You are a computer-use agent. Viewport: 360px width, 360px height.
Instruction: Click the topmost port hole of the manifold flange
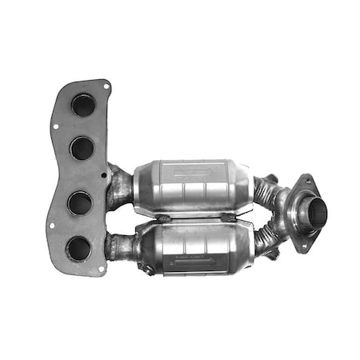click(82, 105)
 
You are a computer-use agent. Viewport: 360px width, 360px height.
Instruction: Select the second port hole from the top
click(82, 147)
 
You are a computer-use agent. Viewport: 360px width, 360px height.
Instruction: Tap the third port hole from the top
click(79, 203)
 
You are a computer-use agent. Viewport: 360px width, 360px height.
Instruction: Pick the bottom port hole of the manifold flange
click(78, 248)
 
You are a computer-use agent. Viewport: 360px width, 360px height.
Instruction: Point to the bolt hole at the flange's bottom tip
click(101, 270)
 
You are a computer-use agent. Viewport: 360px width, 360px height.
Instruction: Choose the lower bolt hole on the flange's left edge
click(52, 226)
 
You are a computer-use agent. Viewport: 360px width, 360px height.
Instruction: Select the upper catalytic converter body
click(192, 188)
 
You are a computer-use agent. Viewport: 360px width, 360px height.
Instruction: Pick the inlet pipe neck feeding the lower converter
click(122, 246)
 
